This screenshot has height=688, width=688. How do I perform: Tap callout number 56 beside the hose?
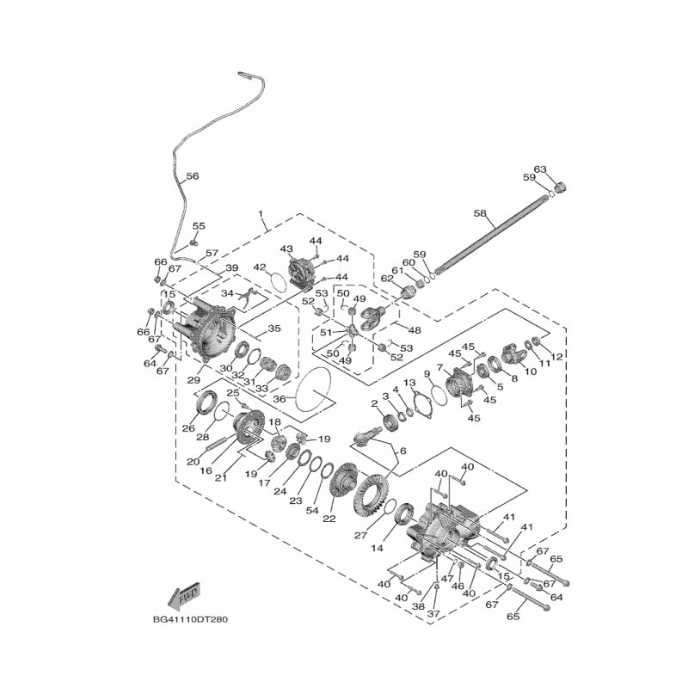192,175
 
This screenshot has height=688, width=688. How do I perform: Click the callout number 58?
480,212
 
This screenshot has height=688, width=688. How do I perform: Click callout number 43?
286,249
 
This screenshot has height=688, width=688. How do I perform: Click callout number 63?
564,169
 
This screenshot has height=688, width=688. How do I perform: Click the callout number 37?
432,613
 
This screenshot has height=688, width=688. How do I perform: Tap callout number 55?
199,226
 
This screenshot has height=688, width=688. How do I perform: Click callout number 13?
410,383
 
